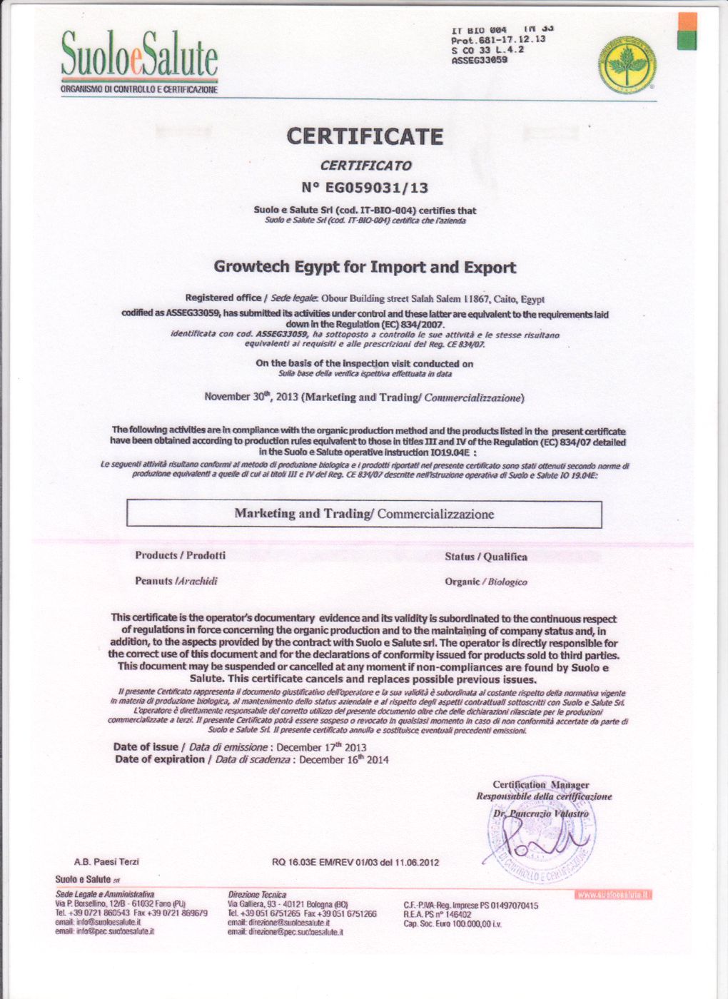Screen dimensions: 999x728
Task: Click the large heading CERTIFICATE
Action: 365,136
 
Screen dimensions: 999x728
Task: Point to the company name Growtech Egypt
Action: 365,268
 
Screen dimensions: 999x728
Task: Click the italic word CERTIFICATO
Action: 365,166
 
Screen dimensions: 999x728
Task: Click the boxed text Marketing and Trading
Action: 364,514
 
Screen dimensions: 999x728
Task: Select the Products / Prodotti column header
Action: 180,555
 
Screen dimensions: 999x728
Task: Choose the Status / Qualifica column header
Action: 485,557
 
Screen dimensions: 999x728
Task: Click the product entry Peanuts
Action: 176,581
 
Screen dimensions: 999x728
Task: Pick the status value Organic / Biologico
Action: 485,582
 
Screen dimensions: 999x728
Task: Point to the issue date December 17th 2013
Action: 321,747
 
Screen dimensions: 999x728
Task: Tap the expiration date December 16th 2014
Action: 344,760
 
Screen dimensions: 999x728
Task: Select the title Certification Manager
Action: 540,785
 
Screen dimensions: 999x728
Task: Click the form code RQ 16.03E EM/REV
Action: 355,862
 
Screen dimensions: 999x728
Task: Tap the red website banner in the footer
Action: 615,894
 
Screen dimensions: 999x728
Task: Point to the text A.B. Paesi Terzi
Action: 106,862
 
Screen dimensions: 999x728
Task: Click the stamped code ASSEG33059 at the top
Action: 480,61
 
